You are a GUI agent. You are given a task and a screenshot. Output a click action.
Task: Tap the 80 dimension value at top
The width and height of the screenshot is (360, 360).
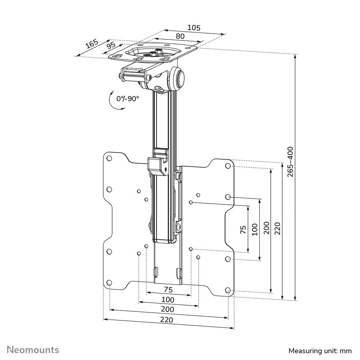click(180, 36)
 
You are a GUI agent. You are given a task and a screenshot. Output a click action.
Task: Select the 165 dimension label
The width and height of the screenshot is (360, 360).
click(92, 44)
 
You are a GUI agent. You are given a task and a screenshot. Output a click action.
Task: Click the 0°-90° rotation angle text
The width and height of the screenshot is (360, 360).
click(128, 99)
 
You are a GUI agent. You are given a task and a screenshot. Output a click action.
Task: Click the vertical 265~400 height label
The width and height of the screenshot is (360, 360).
click(290, 161)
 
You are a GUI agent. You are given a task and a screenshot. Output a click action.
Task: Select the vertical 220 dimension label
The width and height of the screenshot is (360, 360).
click(277, 228)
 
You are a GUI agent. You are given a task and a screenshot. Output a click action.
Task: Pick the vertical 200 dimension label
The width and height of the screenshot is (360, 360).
click(266, 228)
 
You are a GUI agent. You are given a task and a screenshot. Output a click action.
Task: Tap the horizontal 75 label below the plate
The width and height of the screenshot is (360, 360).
click(168, 289)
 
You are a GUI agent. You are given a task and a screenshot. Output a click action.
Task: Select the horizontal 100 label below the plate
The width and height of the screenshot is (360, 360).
click(168, 299)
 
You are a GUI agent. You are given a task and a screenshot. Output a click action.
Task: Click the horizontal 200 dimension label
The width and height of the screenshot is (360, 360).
click(168, 309)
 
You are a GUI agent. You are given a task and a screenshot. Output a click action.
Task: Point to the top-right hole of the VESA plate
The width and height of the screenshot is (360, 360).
click(228, 166)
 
